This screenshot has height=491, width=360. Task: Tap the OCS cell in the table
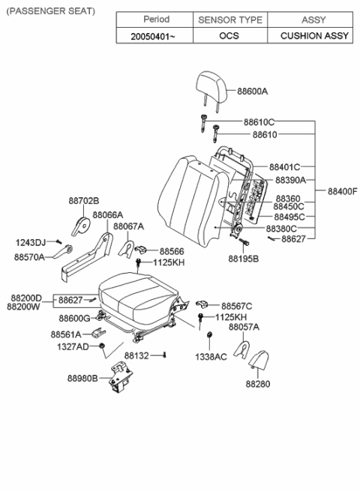point(229,35)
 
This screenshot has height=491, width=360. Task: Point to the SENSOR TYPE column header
point(229,19)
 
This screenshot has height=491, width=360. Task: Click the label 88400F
point(343,191)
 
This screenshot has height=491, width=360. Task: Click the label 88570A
point(29,256)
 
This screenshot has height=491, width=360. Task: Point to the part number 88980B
point(84,378)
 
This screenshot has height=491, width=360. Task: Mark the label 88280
point(257,384)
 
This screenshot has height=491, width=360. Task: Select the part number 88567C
point(237,305)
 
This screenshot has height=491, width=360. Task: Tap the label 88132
point(137,355)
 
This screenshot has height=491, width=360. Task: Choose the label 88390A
point(290,181)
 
